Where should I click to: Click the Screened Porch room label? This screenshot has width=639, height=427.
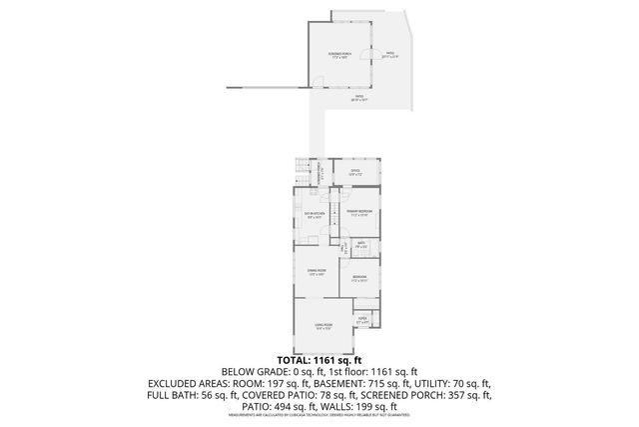pos(341,55)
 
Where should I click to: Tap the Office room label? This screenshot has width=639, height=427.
pos(354,173)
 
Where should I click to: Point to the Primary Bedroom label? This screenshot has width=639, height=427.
pos(359,213)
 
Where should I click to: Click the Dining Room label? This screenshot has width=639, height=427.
pos(317,272)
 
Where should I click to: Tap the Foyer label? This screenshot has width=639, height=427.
pos(363,321)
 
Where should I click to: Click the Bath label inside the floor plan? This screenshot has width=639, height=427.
pos(361,244)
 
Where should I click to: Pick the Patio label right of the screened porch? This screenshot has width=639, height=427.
pos(391,55)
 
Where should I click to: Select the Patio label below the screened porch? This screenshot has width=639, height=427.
pos(359,98)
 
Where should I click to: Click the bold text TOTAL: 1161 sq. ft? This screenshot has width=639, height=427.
pos(319,359)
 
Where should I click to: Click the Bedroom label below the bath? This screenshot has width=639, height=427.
pos(359,276)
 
